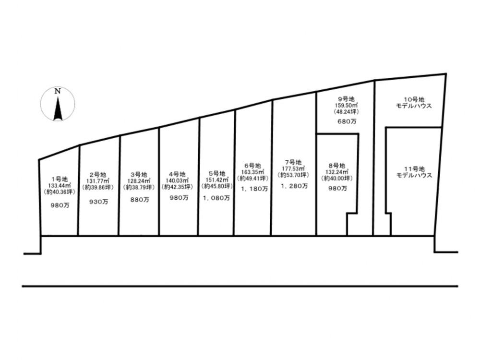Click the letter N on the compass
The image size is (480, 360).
(58, 91)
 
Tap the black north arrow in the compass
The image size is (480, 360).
(58, 108)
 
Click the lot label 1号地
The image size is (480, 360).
(60, 179)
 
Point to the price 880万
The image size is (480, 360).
(140, 200)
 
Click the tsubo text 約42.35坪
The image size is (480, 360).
(178, 187)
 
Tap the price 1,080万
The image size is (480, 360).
(216, 198)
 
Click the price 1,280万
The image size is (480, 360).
(294, 186)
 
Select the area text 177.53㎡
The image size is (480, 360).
(293, 168)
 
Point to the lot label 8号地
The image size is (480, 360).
(337, 166)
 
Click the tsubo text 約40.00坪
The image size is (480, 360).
(337, 178)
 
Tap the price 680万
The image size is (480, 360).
(347, 121)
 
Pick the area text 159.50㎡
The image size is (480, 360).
(346, 105)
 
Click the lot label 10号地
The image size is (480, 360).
(414, 99)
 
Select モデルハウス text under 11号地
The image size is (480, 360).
(414, 175)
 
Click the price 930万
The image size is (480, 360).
(98, 202)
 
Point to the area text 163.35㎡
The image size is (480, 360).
(252, 172)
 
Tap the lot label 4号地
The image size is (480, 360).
(177, 175)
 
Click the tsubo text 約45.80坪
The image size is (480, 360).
(217, 186)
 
